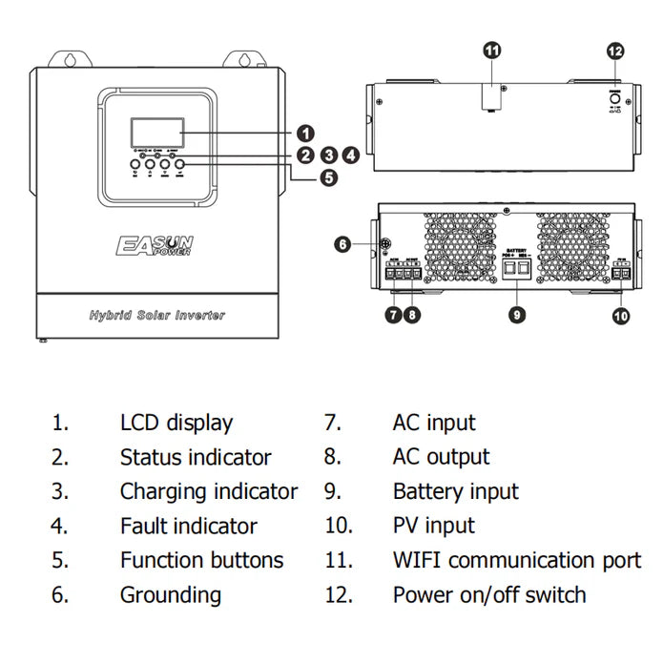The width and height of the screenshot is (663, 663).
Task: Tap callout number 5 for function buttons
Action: click(x=329, y=176)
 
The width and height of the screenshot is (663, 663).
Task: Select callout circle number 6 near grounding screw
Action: click(x=343, y=244)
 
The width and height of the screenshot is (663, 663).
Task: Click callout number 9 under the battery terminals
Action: click(x=517, y=314)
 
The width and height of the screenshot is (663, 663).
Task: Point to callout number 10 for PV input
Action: click(x=622, y=314)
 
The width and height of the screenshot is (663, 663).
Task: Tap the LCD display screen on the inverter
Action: click(x=155, y=131)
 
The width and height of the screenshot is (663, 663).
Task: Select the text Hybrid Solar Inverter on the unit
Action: click(x=157, y=315)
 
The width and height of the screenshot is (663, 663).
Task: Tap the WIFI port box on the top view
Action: click(x=491, y=95)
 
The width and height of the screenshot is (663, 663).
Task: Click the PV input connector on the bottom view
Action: click(x=621, y=274)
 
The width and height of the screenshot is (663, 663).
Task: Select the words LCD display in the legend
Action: click(x=176, y=423)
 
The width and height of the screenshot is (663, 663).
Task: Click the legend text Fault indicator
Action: click(x=188, y=526)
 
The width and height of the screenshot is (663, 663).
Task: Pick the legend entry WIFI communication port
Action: click(x=517, y=560)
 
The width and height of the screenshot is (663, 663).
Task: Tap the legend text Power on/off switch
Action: click(x=489, y=594)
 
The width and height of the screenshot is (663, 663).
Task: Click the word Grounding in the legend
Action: click(x=170, y=594)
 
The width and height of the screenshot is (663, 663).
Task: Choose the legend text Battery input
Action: click(x=455, y=491)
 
